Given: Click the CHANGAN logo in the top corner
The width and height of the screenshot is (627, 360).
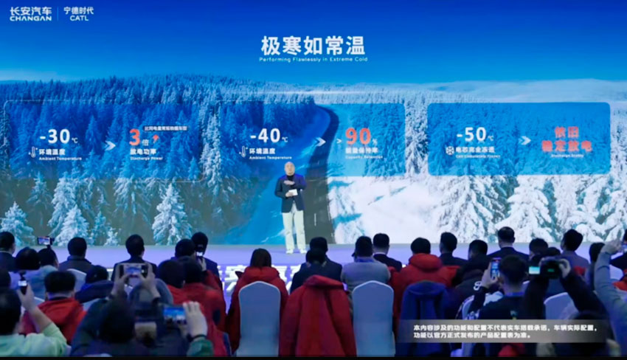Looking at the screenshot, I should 30,13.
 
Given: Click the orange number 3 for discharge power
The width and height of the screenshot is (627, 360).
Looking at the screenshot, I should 134,137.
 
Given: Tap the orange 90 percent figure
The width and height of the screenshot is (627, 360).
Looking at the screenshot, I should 358,136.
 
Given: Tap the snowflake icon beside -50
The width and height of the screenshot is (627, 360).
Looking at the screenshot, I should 448,150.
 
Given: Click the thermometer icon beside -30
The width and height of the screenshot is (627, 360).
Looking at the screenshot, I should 32,152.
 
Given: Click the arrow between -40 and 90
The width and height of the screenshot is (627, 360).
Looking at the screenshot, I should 319,141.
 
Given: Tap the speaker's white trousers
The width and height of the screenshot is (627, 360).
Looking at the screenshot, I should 294,229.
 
